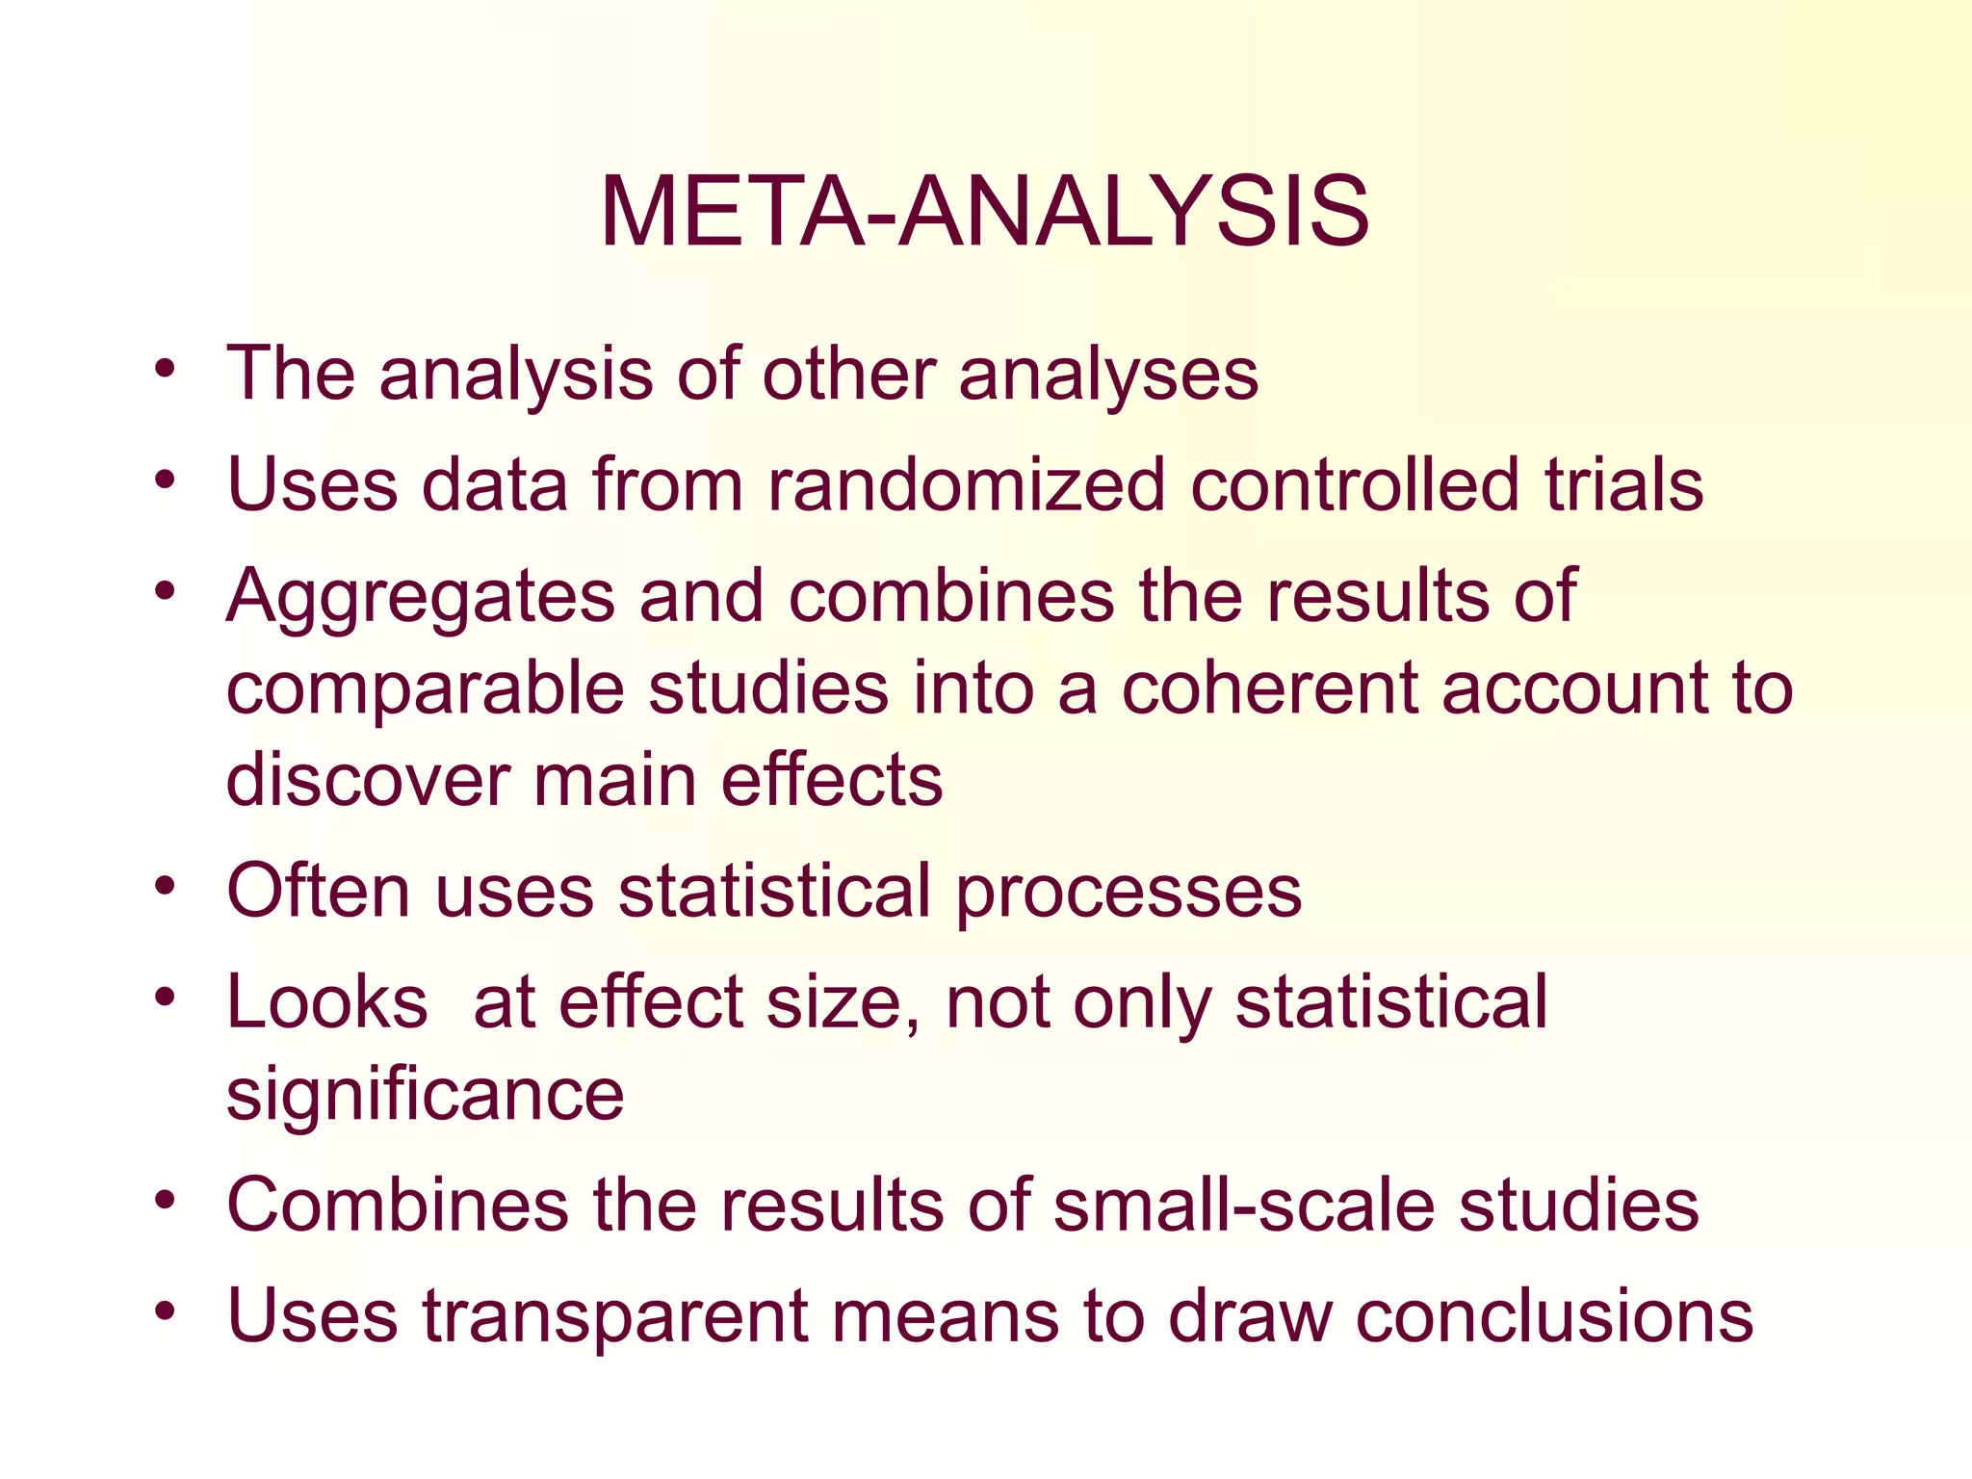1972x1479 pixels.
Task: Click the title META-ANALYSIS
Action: (984, 213)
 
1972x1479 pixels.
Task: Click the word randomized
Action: (967, 484)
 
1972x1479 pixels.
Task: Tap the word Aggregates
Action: (420, 597)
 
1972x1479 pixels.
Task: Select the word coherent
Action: (1269, 688)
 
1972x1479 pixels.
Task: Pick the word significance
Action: (425, 1095)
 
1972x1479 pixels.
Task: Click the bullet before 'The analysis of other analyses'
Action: (166, 369)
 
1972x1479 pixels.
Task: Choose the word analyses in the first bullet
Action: (1107, 375)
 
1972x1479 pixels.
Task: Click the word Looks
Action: (326, 1002)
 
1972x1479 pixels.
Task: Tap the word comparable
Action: (425, 690)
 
